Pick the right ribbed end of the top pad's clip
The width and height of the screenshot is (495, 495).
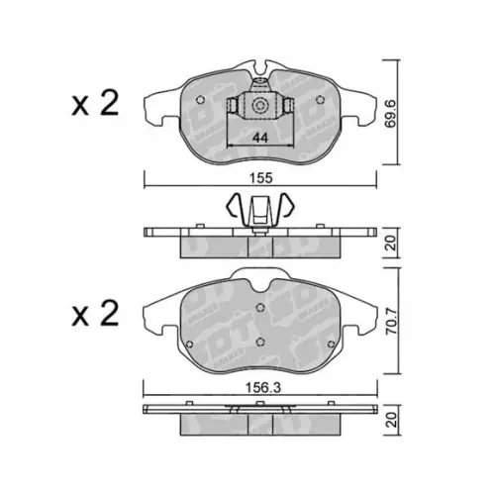point(287,106)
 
